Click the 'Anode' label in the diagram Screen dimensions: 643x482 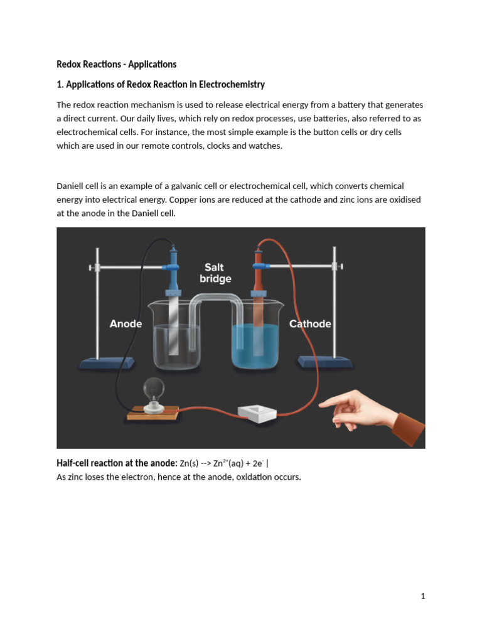[x=126, y=324]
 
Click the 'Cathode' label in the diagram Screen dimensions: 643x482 [x=309, y=324]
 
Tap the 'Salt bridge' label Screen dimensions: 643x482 [x=215, y=273]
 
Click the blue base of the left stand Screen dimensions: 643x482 [x=103, y=362]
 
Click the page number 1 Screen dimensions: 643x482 [x=423, y=596]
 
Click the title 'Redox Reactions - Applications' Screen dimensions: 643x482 [x=116, y=64]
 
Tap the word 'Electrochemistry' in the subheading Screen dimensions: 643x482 [x=234, y=84]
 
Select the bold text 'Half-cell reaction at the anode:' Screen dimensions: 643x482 [x=117, y=463]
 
